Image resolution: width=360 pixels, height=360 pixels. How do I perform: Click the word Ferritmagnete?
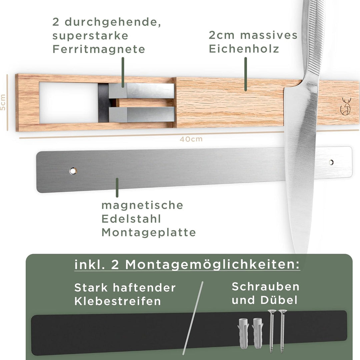pos(99,49)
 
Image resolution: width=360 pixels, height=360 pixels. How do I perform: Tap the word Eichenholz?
pos(244,49)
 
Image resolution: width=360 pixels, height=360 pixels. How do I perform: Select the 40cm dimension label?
pos(191,139)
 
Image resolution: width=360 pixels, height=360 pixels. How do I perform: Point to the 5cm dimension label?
pos(3,102)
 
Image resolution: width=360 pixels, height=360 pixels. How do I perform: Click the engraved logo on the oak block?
pos(345,106)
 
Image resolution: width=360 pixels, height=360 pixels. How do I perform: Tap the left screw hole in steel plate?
pos(73,171)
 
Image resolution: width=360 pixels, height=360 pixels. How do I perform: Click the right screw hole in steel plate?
pos(331,162)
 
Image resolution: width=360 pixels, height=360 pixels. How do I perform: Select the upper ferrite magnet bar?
pos(142,91)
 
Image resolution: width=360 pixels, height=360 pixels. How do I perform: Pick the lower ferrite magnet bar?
pos(142,115)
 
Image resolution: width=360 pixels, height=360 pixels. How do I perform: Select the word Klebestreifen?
pos(118,301)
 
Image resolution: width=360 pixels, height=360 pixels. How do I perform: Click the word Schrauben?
pos(266,286)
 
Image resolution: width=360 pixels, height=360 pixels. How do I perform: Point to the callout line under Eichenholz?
pos(246,74)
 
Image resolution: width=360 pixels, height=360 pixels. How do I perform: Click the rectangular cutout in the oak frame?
pos(68,102)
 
